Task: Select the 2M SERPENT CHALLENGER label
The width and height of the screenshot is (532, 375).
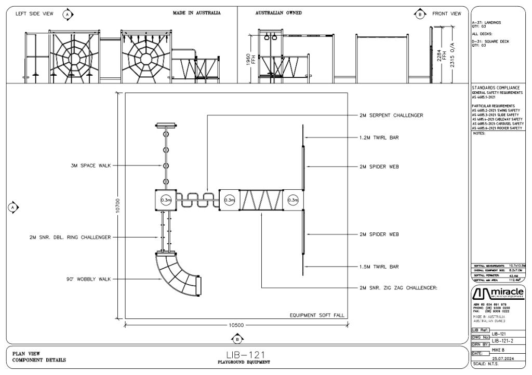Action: [x=391, y=115]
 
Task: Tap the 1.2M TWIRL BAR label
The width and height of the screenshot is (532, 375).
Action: [x=379, y=137]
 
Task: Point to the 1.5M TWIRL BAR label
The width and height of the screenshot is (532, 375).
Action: [x=379, y=267]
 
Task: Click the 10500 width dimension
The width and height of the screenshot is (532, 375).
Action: [x=236, y=325]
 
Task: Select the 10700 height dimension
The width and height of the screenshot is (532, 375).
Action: [x=118, y=205]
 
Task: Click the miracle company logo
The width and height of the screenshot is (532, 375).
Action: [x=497, y=294]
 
